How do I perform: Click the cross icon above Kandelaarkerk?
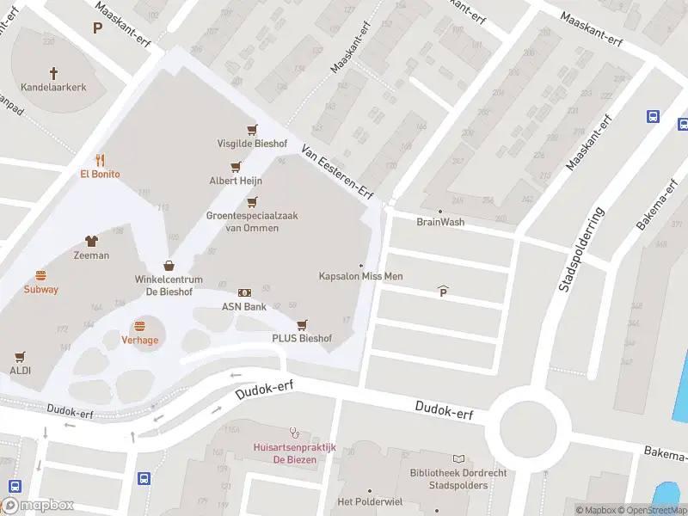click(53, 74)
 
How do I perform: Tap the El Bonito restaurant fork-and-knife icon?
click(101, 159)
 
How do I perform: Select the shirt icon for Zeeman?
click(91, 242)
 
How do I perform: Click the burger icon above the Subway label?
click(40, 275)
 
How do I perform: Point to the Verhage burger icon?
click(139, 326)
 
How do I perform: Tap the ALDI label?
click(21, 371)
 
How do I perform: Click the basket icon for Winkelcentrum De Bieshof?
click(169, 266)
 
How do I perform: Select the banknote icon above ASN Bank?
click(244, 292)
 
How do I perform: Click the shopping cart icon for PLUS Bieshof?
click(302, 325)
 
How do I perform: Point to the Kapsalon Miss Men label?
click(360, 276)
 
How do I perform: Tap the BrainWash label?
click(439, 222)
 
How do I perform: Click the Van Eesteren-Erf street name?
click(337, 171)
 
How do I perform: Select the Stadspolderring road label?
click(581, 249)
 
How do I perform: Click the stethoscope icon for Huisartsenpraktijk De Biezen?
click(295, 433)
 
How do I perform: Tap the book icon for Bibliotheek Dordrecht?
click(458, 459)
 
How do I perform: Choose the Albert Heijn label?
click(236, 181)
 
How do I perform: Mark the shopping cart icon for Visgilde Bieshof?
click(252, 130)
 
